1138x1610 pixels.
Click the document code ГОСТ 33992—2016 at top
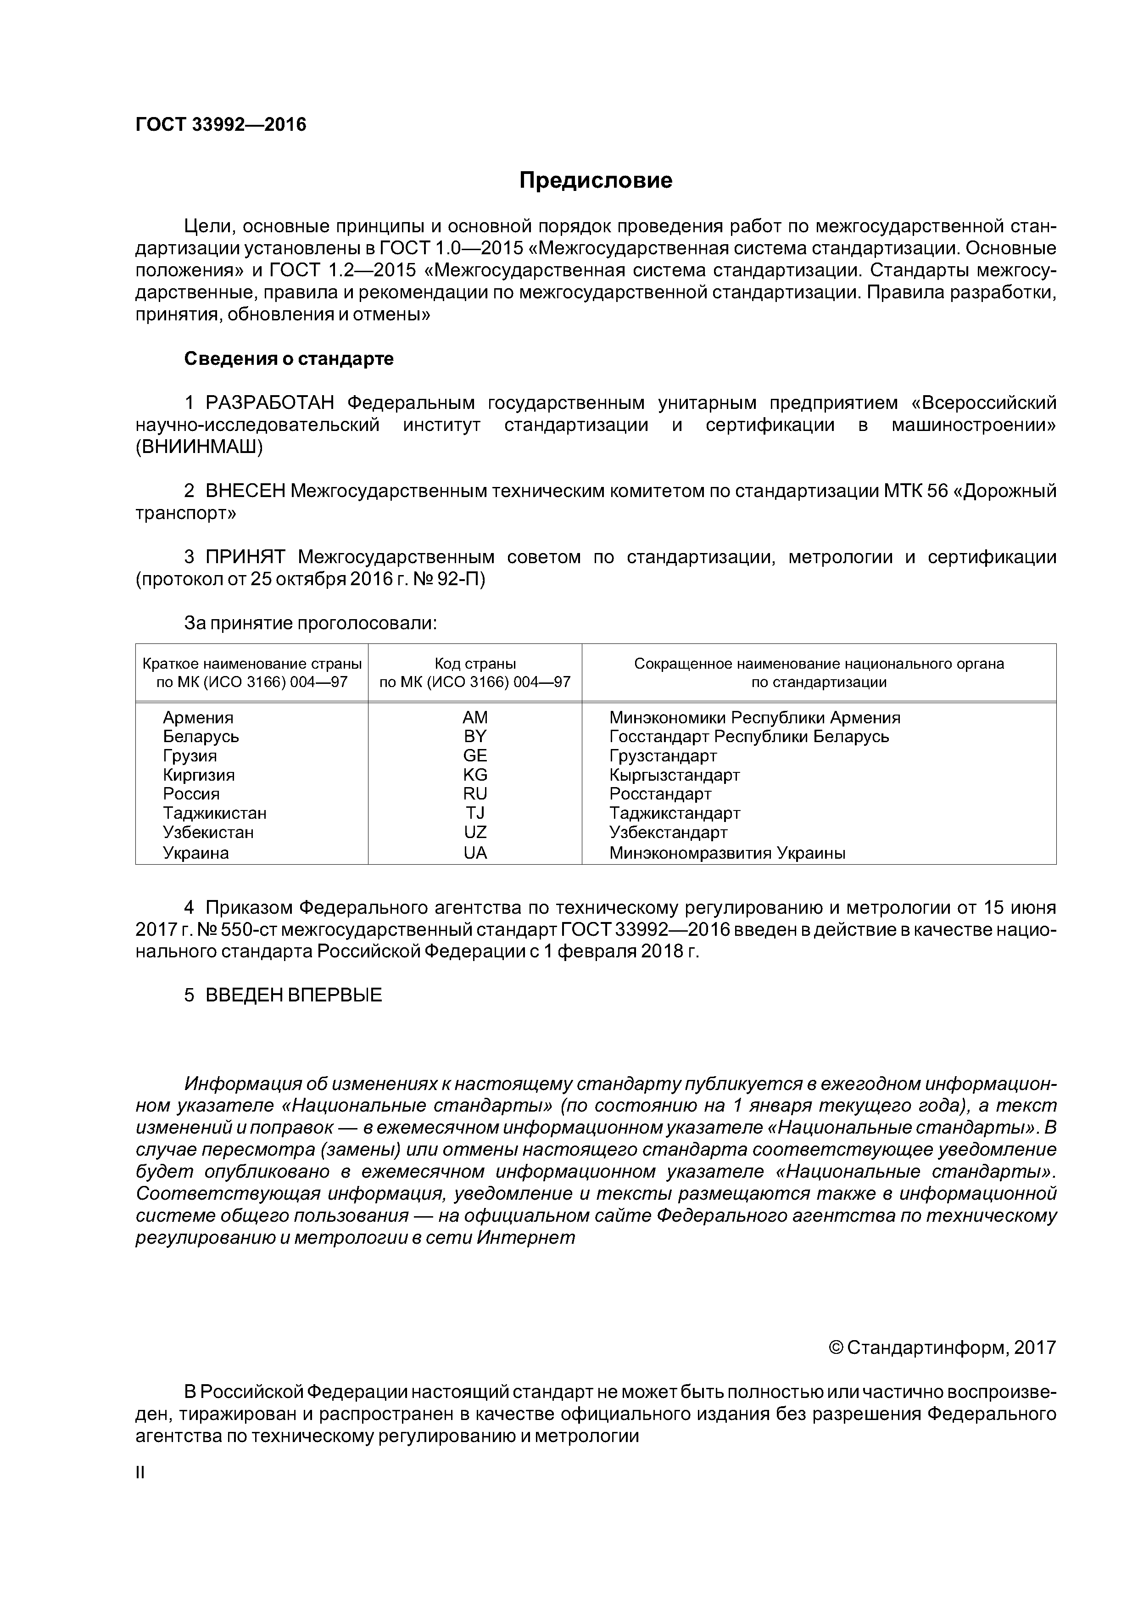click(x=221, y=125)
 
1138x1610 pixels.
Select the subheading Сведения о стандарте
click(x=289, y=359)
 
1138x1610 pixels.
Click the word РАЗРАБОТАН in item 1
click(x=270, y=403)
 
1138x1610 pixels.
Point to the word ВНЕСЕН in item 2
click(x=245, y=491)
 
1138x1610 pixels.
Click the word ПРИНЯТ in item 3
click(x=245, y=558)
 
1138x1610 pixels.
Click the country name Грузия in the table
click(x=190, y=756)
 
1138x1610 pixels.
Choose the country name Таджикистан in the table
click(x=215, y=813)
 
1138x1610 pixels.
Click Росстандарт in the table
click(x=660, y=794)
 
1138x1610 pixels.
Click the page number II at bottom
click(x=139, y=1473)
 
